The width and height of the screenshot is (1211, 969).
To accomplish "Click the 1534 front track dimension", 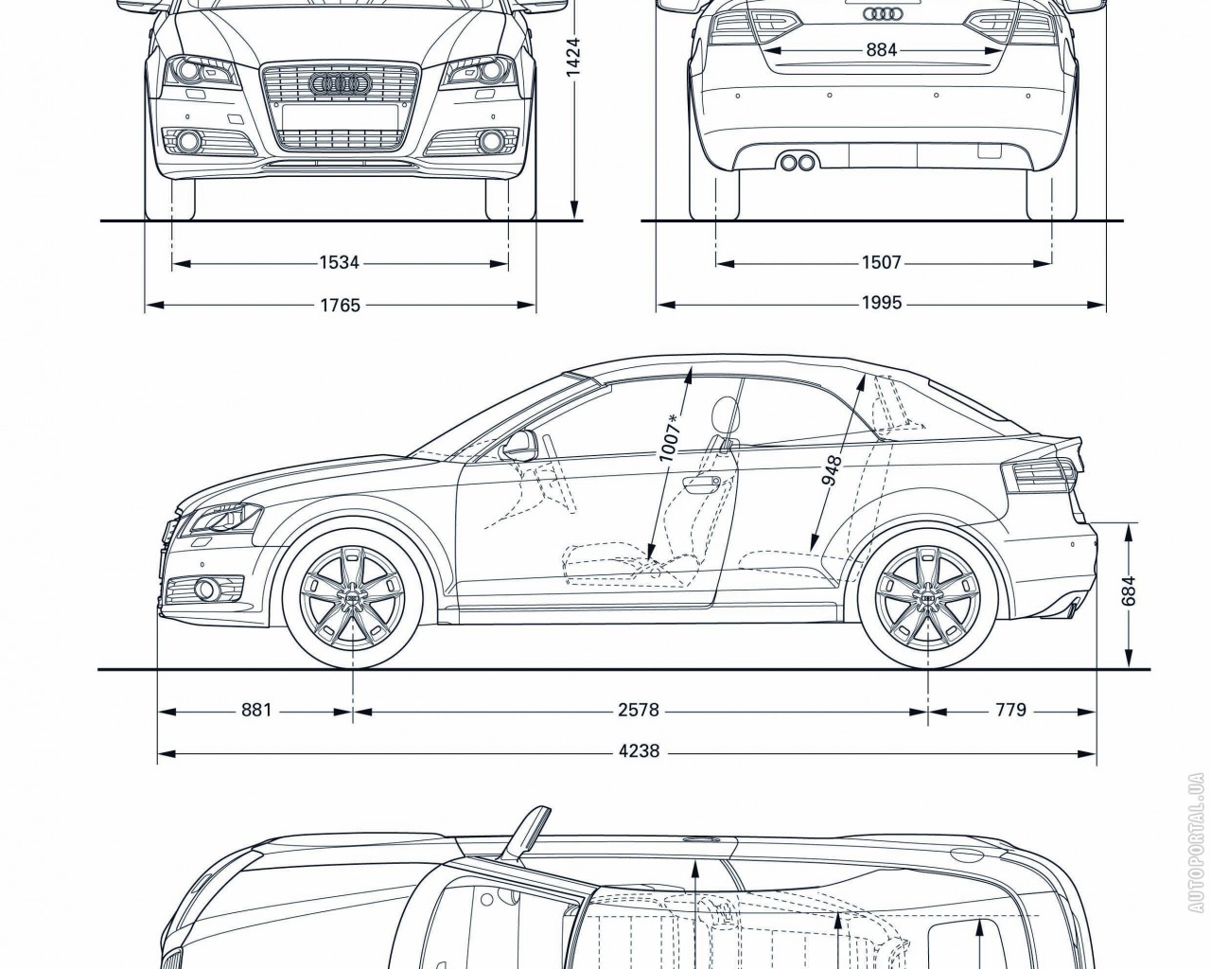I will [340, 262].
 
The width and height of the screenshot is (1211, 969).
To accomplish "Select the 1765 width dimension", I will [340, 305].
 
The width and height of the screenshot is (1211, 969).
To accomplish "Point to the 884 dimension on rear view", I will [881, 50].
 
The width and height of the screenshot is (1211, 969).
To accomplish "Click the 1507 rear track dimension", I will [881, 262].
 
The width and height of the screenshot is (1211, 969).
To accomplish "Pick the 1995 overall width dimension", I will [881, 304].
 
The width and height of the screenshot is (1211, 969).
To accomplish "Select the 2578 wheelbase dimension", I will [639, 709].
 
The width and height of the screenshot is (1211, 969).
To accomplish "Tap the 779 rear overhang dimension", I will [1010, 709].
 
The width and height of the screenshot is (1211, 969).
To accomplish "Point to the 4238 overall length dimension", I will [639, 753].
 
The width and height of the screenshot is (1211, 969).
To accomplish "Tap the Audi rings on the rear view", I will [881, 13].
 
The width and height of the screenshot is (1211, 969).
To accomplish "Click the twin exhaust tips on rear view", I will [798, 163].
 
